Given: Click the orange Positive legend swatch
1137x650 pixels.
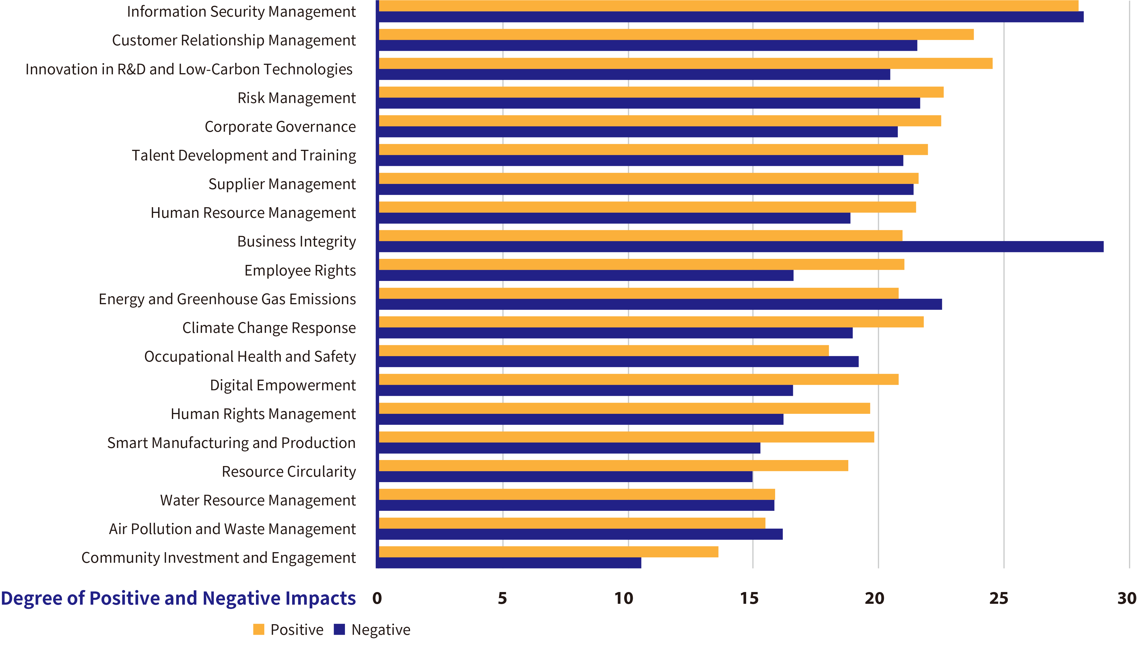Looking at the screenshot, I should tap(259, 629).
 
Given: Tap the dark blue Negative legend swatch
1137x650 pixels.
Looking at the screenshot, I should tap(339, 629).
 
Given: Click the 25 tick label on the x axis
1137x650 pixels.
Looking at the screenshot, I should tap(999, 598).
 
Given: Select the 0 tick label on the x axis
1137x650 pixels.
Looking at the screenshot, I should tap(377, 598).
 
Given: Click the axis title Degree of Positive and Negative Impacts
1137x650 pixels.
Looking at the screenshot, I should tap(178, 598).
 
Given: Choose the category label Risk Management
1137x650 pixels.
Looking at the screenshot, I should tap(296, 98).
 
